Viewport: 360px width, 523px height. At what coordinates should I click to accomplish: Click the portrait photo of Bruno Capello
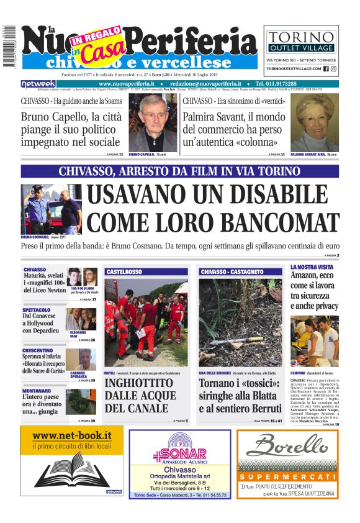[x=152, y=123]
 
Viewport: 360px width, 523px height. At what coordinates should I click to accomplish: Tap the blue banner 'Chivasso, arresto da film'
[x=179, y=171]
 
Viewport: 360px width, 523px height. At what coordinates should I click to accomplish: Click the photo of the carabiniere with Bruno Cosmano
[x=51, y=209]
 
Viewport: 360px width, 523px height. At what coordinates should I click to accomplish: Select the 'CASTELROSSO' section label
[x=124, y=272]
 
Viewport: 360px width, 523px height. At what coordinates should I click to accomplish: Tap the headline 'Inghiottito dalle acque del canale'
[x=140, y=395]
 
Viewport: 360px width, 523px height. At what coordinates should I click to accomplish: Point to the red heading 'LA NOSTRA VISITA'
[x=311, y=267]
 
